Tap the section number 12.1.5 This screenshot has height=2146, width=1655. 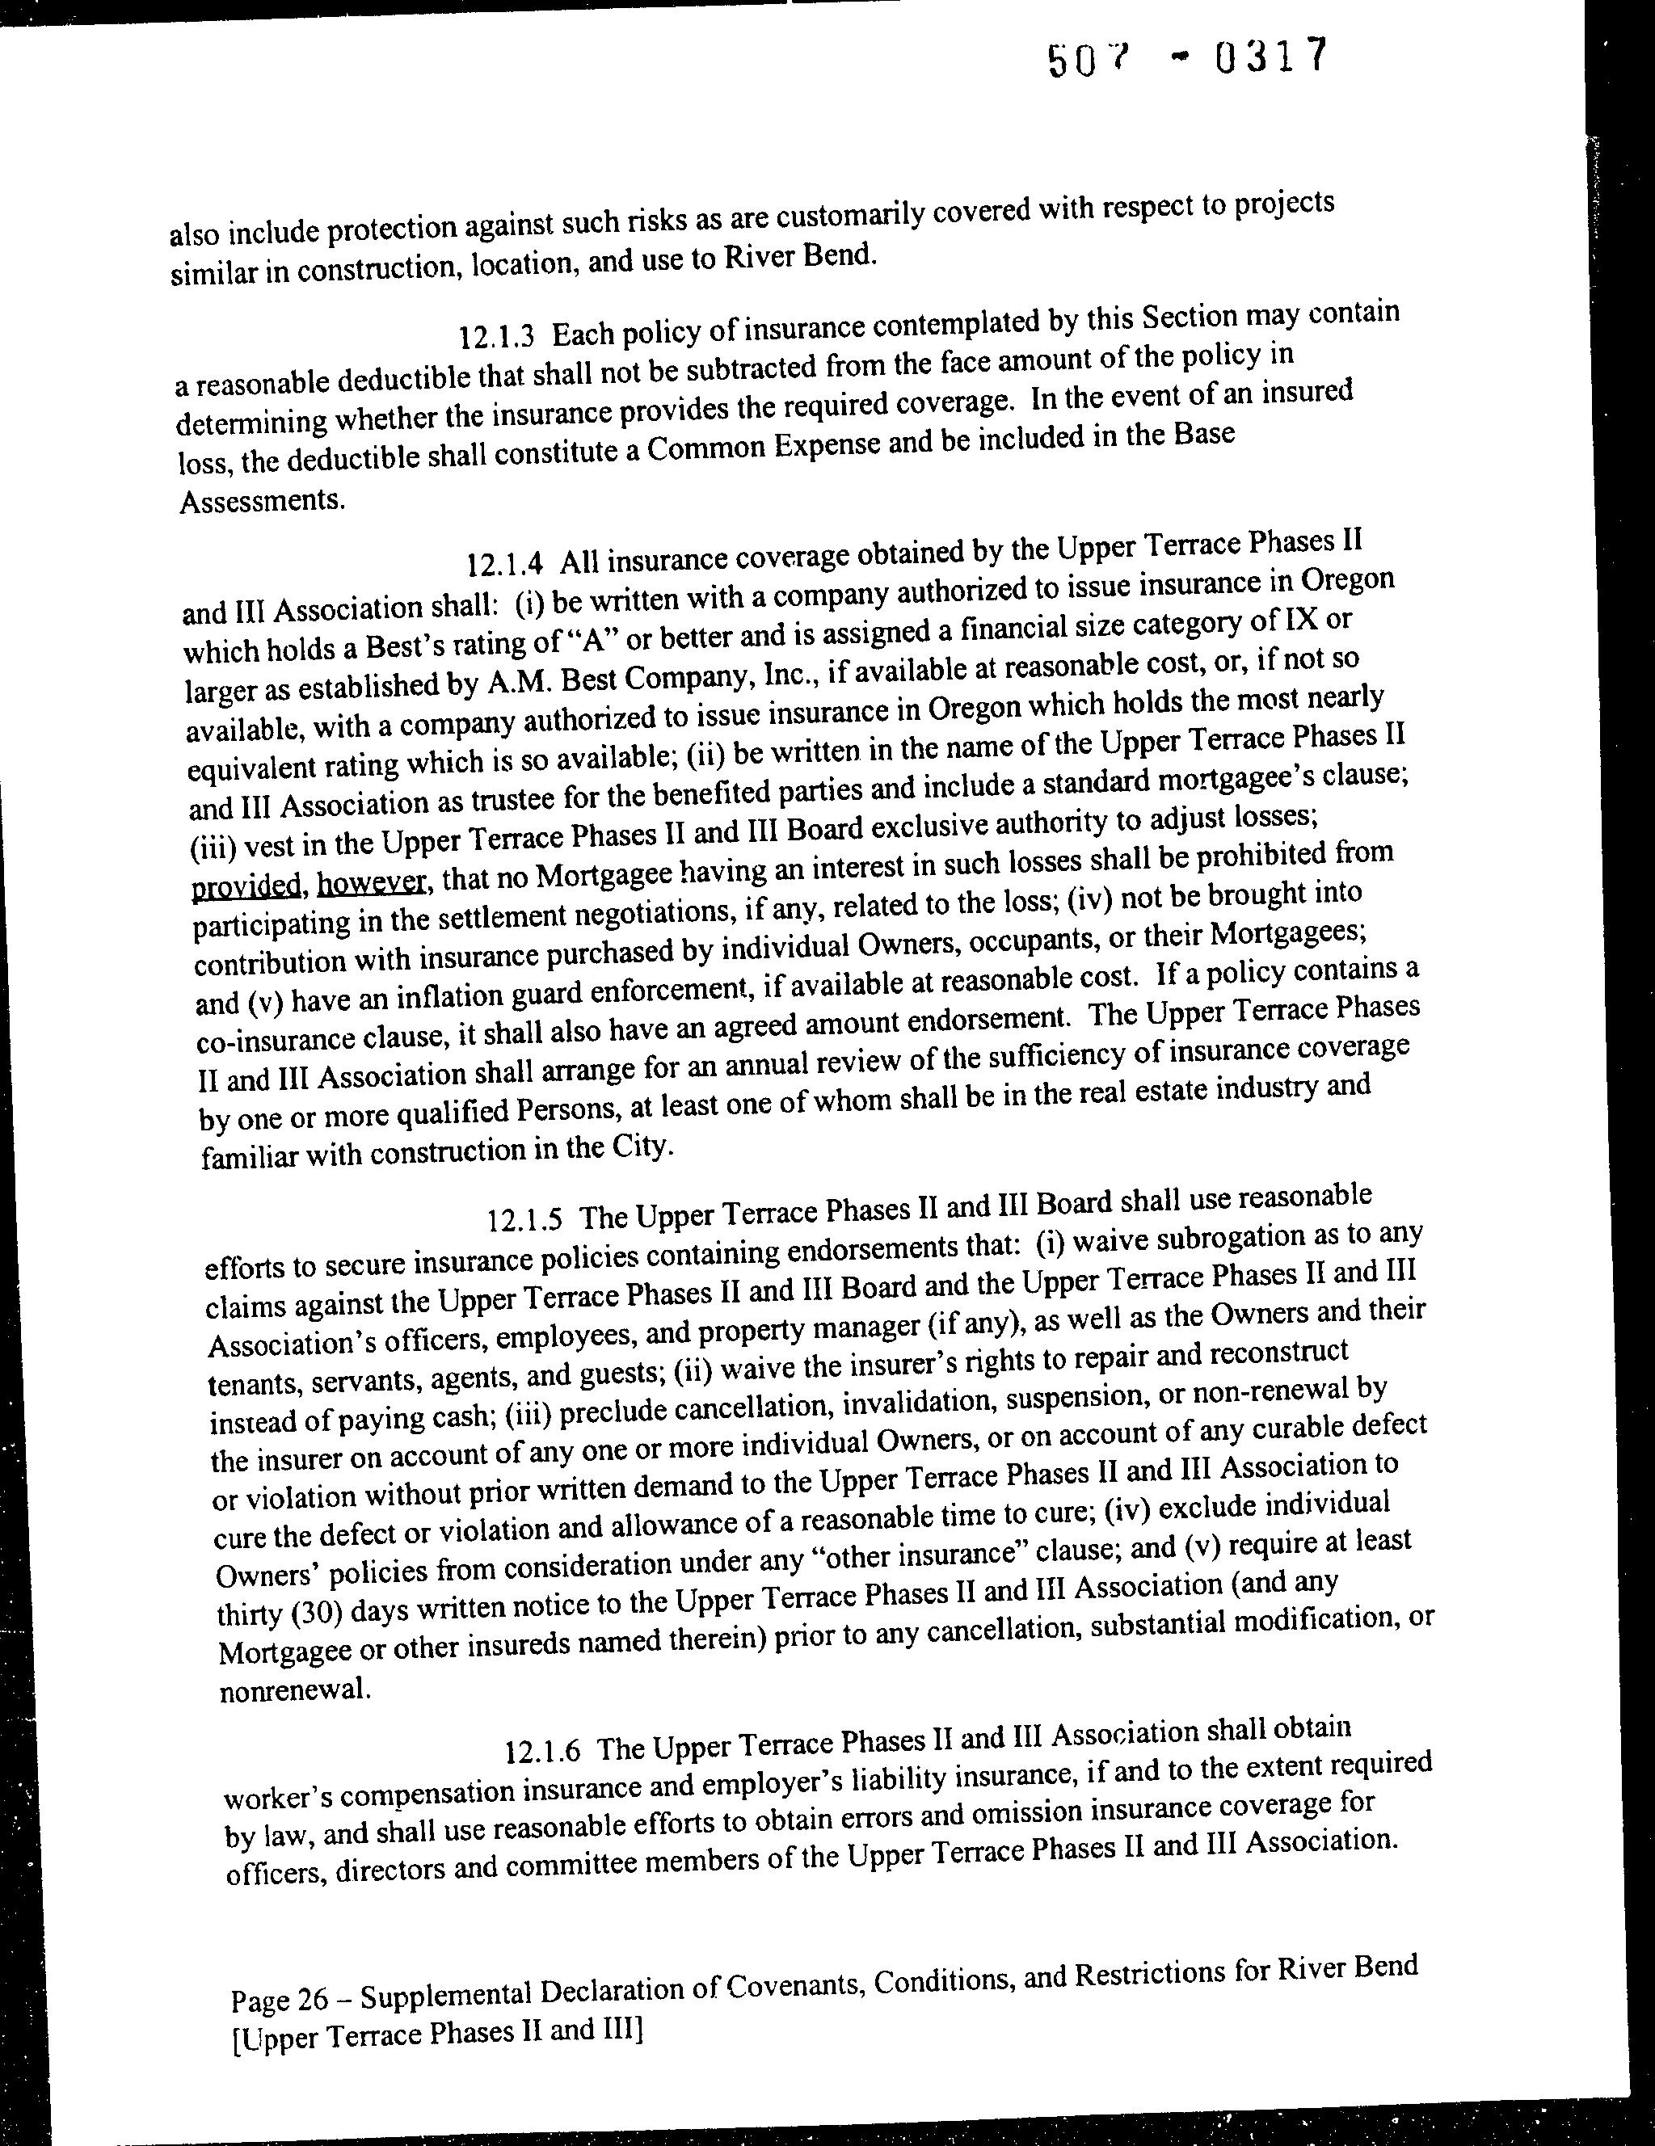click(x=524, y=1220)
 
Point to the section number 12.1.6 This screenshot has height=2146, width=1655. click(x=541, y=1751)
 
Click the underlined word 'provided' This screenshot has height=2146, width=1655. click(x=246, y=886)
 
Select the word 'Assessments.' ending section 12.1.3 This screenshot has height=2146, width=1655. click(x=263, y=501)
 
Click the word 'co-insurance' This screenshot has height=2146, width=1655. click(x=259, y=1041)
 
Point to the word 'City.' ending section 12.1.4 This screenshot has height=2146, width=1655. click(x=641, y=1147)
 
